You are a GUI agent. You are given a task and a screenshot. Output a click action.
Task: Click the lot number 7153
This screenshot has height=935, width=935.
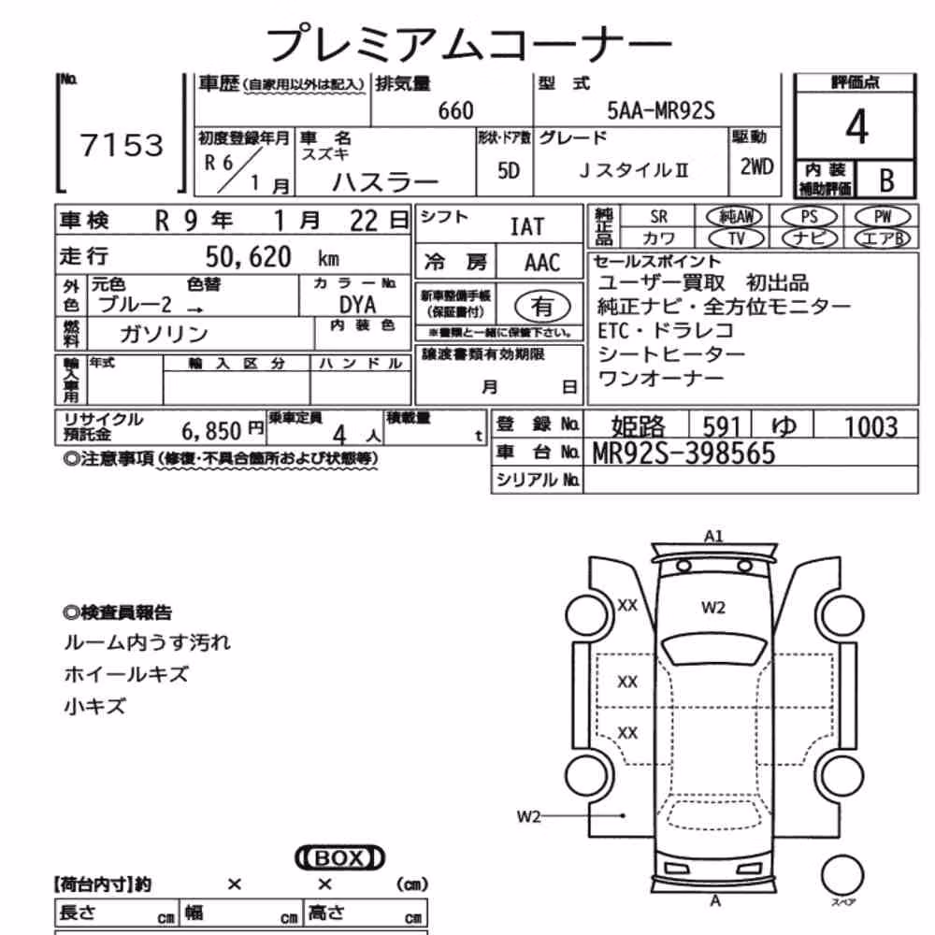point(122,145)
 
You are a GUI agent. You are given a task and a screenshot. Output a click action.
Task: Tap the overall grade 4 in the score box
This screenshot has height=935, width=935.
point(856,126)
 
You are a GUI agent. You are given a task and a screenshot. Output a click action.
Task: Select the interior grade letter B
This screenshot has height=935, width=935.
point(886,180)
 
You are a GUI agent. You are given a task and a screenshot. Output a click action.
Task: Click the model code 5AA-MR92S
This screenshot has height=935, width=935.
point(661,111)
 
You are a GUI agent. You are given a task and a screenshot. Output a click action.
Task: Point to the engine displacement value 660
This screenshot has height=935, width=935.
point(455,111)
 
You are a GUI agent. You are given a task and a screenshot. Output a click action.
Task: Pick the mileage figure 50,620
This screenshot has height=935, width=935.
point(248,257)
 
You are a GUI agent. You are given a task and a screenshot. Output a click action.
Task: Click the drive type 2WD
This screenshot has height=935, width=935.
point(756,167)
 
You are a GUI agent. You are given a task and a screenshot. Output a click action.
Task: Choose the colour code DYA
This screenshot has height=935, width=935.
point(357,306)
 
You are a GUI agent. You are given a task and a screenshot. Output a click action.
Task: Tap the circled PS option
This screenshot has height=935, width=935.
point(809,217)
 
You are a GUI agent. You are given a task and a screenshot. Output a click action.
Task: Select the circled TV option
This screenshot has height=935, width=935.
point(737,238)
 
